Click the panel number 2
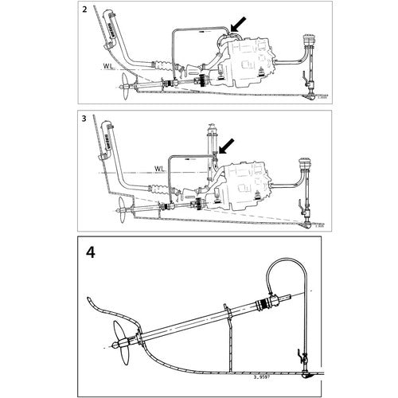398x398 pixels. pyautogui.click(x=84, y=11)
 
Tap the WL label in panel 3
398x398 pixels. pyautogui.click(x=159, y=169)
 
